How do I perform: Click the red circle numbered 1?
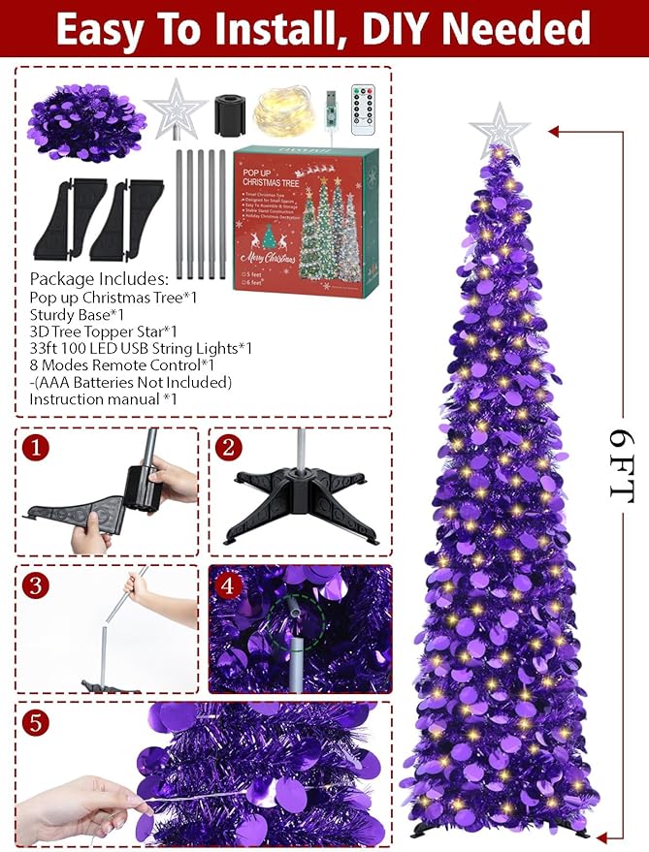[x=36, y=449]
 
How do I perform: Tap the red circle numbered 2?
[x=229, y=448]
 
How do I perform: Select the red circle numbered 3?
[x=36, y=585]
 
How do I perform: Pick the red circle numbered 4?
[x=229, y=585]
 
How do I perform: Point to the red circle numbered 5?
[x=36, y=722]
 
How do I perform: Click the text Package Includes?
[x=99, y=280]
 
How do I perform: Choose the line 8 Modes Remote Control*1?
[x=122, y=364]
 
